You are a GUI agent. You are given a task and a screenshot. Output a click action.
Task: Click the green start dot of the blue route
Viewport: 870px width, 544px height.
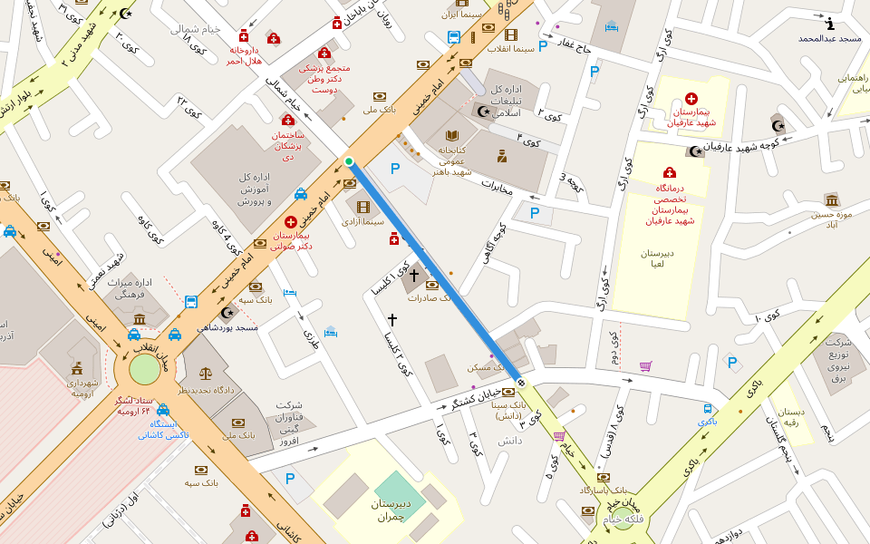coord(349,161)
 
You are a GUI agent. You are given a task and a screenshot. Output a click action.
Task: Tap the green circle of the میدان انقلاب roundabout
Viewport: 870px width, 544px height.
coord(144,370)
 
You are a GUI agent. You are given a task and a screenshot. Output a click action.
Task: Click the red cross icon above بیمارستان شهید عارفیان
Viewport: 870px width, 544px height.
coord(691,98)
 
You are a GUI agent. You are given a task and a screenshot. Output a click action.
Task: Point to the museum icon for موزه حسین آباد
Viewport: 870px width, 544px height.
coord(832,199)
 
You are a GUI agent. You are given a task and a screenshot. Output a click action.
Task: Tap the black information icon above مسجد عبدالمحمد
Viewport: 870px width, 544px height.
coord(830,24)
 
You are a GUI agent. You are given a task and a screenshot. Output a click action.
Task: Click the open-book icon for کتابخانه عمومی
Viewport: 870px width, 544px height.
coord(452,135)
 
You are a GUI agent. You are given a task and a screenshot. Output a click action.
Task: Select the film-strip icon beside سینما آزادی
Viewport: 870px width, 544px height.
coord(363,207)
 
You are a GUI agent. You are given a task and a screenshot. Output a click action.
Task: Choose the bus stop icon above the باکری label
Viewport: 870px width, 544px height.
coord(708,409)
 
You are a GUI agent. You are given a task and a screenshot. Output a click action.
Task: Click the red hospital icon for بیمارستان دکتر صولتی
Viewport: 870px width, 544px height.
coord(291,221)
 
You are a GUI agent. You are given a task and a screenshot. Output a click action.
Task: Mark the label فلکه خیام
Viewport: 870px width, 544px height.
coord(624,519)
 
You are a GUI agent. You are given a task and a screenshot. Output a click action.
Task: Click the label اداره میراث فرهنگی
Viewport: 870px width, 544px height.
coord(131,289)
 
